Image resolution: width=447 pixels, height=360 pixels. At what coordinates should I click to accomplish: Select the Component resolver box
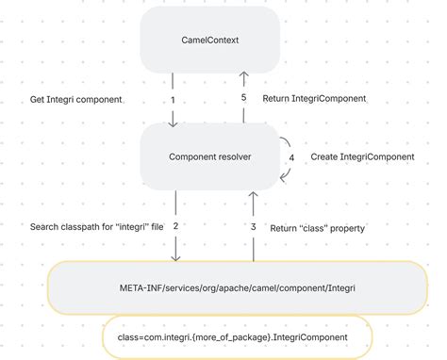(210, 156)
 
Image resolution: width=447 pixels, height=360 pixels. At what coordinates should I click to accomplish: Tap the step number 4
(291, 157)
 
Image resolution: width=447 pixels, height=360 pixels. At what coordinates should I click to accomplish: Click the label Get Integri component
(75, 99)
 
